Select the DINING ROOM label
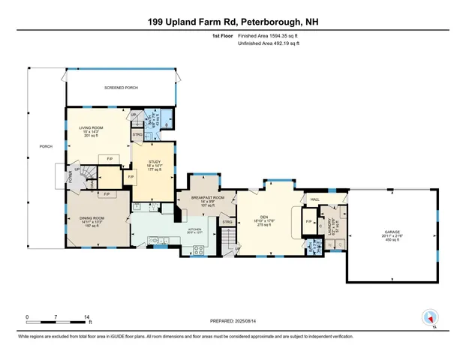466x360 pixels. [92, 219]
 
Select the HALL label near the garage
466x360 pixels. [316, 199]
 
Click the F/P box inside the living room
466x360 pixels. [110, 158]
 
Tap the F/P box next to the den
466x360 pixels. [309, 222]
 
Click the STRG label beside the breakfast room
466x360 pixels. [227, 222]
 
